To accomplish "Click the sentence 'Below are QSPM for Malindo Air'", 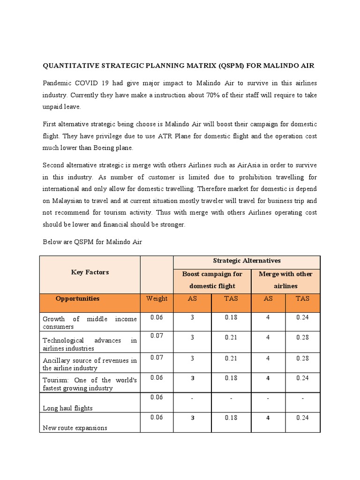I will tap(92, 242).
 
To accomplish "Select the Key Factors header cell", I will tap(90, 272).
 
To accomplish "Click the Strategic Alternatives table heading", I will tap(247, 261).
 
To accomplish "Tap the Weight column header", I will tap(157, 298).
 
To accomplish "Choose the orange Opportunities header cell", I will tap(77, 298).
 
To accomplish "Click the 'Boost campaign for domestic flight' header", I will tap(212, 280).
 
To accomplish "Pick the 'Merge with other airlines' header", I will tap(285, 280).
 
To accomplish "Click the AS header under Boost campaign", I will tap(192, 298).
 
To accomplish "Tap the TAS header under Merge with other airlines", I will tap(302, 298).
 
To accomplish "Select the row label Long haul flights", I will tap(67, 408).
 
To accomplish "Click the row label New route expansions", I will tap(75, 427).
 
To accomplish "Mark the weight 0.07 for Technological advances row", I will tap(157, 336).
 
